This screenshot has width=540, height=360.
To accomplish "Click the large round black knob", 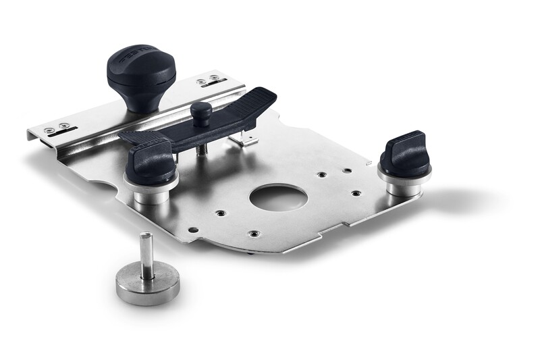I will (x=141, y=68).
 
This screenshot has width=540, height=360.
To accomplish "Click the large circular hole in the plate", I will (x=278, y=197).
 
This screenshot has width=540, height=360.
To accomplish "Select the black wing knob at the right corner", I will (x=405, y=154).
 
